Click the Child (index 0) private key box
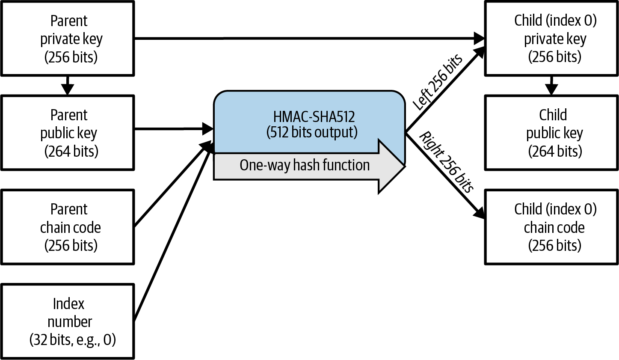tap(551, 39)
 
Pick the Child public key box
tap(551, 133)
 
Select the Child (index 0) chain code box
tap(551, 227)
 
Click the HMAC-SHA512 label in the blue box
tap(314, 117)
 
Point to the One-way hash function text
tap(304, 165)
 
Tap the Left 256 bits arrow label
tap(437, 82)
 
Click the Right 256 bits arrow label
tap(447, 162)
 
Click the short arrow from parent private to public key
tap(68, 86)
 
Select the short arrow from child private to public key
tap(551, 86)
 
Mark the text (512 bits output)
tap(312, 132)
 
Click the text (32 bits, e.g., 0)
tap(73, 340)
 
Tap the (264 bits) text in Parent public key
tap(71, 151)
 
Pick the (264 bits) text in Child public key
tap(555, 151)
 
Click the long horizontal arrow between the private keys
tap(308, 39)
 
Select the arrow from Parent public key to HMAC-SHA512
tap(173, 128)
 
